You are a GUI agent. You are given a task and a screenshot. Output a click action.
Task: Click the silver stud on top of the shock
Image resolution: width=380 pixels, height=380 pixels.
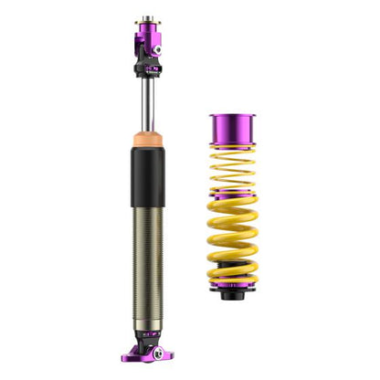point(147,16)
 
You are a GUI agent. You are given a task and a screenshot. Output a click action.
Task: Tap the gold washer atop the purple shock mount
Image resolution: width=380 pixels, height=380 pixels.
point(147,21)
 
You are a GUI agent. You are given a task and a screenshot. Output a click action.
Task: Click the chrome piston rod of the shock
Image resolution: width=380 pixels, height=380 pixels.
point(147,105)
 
